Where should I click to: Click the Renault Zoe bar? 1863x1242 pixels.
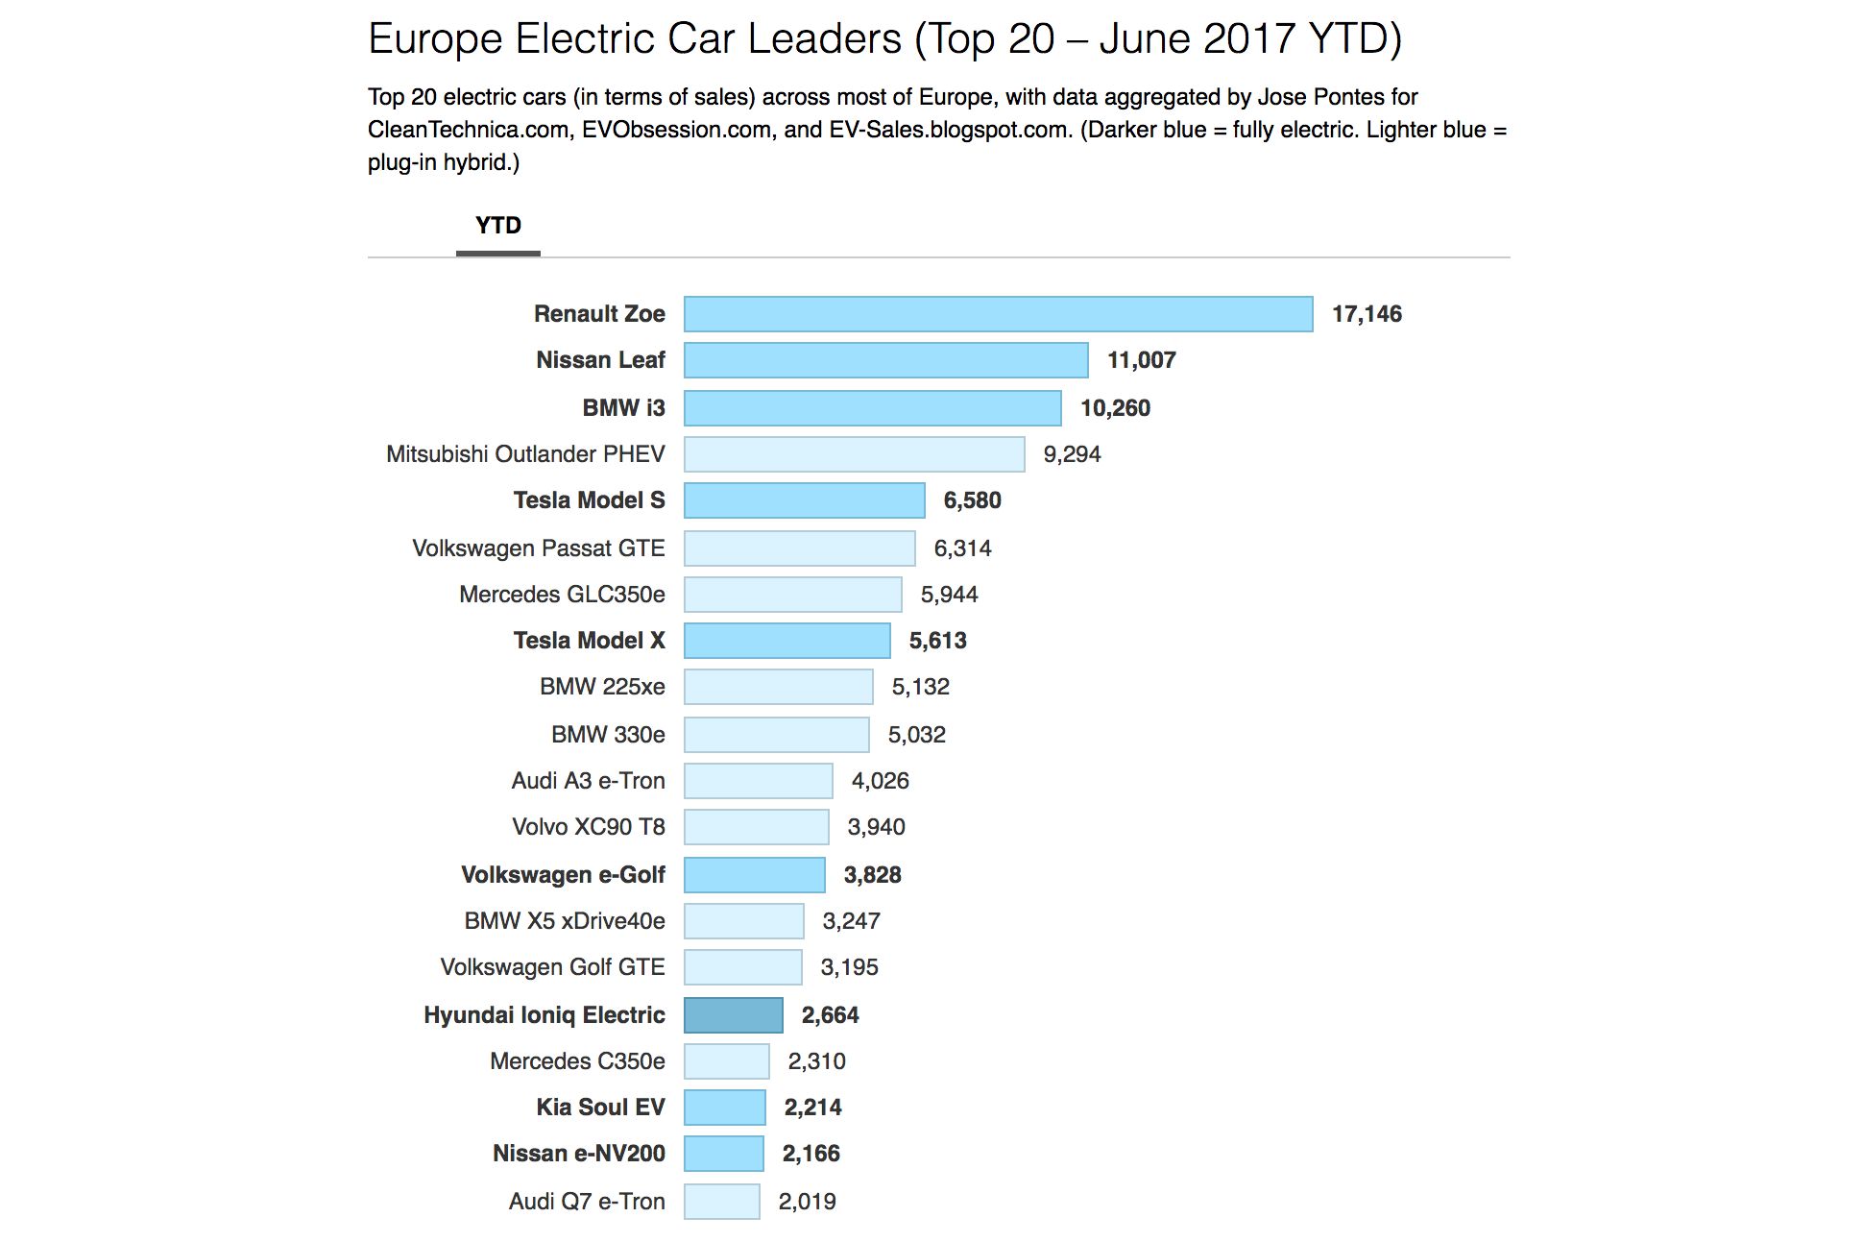tap(998, 314)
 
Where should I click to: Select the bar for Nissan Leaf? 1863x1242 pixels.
tap(885, 360)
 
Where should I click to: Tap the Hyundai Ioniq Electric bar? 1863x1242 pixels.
tap(733, 1015)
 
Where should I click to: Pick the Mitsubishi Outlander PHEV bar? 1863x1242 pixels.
tap(854, 454)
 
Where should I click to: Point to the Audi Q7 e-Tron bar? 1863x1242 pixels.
tap(721, 1202)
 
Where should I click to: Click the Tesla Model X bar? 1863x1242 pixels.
tap(786, 641)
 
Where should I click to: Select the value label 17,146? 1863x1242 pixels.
tap(1366, 314)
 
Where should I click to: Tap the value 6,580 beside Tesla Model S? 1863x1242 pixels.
tap(972, 500)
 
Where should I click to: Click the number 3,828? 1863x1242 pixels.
tap(872, 875)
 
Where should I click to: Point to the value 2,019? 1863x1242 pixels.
tap(807, 1202)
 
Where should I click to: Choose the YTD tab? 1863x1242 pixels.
tap(497, 226)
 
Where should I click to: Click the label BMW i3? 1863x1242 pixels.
tap(623, 408)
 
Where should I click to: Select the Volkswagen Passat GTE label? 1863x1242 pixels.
tap(538, 548)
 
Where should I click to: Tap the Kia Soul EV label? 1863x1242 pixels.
tap(600, 1108)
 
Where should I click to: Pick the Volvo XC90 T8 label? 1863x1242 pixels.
tap(588, 827)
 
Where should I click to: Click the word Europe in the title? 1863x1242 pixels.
tap(435, 39)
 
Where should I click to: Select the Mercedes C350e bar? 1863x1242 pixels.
tap(726, 1061)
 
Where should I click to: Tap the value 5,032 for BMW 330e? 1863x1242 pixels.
tap(916, 735)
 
